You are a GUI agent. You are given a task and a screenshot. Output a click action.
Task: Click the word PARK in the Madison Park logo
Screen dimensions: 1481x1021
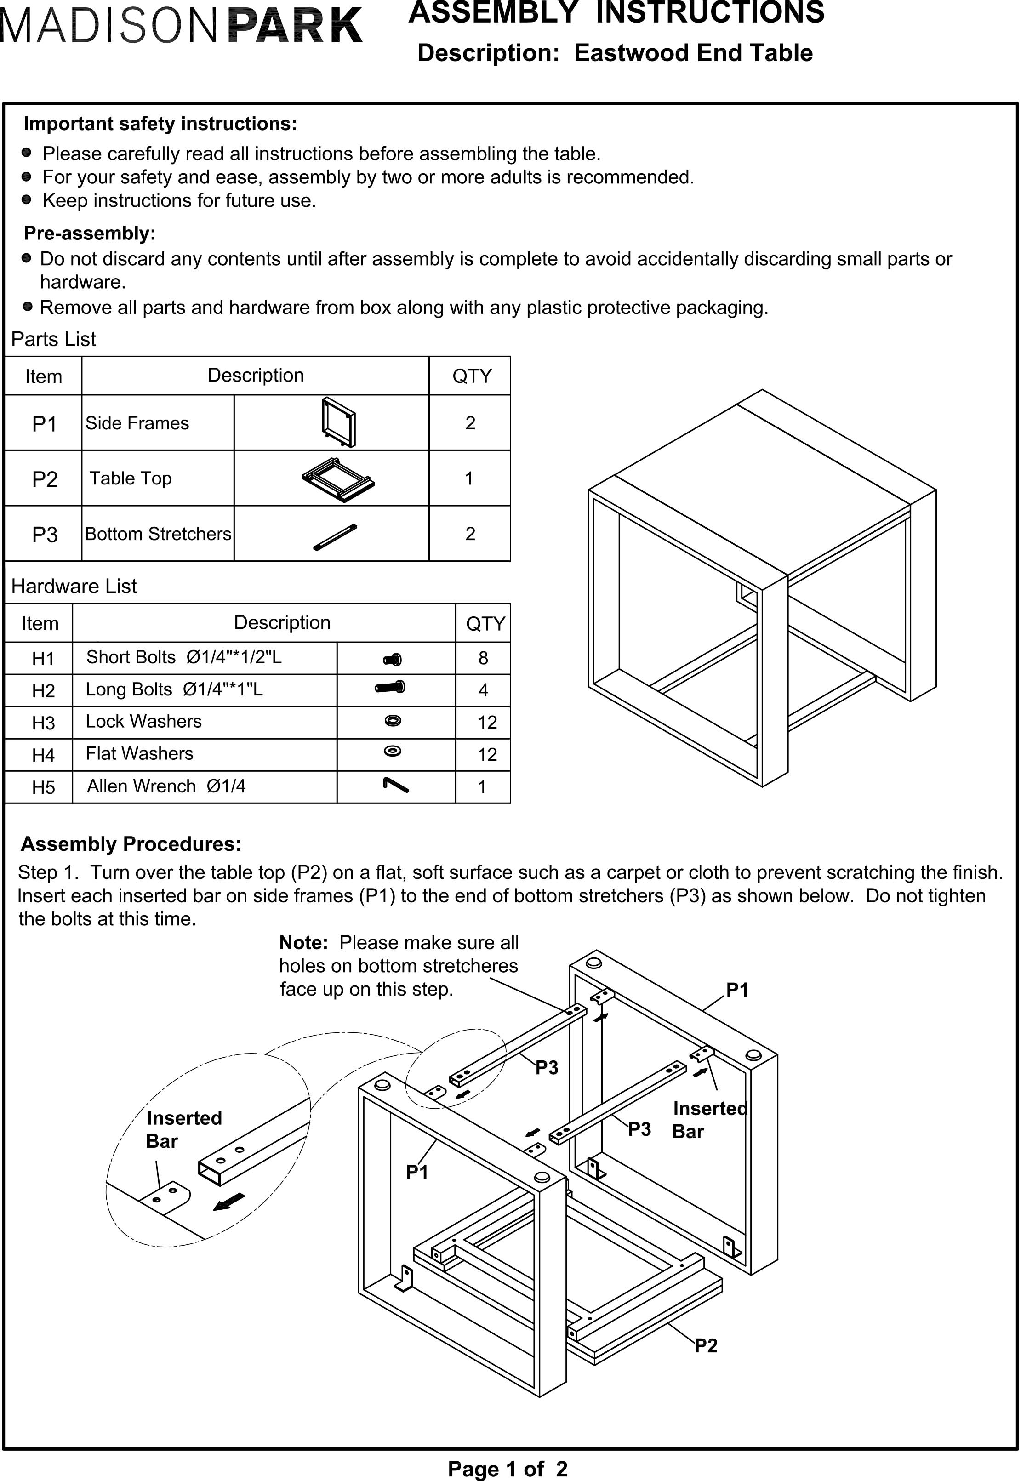(x=294, y=26)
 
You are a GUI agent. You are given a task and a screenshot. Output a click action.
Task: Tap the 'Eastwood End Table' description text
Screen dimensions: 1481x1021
(x=693, y=53)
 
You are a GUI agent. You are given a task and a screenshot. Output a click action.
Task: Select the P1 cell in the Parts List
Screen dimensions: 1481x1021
(x=44, y=423)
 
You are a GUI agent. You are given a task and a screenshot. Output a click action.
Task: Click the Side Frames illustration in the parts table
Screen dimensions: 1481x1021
(x=338, y=423)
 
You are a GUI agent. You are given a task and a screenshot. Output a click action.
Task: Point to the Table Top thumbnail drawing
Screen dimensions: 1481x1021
(x=338, y=479)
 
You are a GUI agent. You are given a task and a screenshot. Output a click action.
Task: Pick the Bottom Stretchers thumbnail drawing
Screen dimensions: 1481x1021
(x=335, y=537)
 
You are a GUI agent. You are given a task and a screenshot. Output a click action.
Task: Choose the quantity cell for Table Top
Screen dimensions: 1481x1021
(x=469, y=478)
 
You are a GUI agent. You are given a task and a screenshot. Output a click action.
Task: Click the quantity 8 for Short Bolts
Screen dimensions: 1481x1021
(x=483, y=658)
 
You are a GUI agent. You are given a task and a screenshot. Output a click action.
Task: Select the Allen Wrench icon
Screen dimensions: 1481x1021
(x=395, y=785)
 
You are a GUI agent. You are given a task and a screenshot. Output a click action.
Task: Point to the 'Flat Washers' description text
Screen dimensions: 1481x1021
(x=139, y=754)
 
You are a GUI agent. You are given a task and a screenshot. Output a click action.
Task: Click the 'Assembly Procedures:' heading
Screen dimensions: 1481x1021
(x=131, y=844)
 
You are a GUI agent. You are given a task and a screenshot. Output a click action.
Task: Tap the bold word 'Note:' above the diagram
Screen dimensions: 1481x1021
(x=304, y=943)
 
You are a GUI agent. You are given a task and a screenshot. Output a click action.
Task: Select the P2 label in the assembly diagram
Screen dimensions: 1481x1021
(x=706, y=1345)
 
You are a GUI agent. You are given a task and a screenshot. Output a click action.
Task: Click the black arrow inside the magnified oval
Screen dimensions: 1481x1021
(x=228, y=1202)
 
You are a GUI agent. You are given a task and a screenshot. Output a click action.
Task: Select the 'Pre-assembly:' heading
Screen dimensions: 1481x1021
(x=90, y=234)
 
